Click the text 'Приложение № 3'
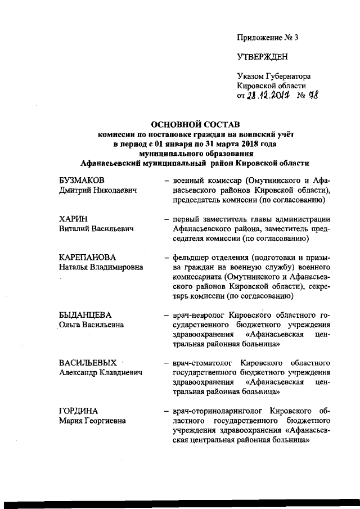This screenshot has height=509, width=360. [267, 38]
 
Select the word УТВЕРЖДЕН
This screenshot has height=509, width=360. [262, 57]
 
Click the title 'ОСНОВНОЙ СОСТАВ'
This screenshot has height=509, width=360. [194, 124]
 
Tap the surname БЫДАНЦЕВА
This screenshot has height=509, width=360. [85, 314]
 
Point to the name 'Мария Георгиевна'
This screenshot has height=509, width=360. [92, 420]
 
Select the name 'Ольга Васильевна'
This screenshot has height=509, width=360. [91, 325]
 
